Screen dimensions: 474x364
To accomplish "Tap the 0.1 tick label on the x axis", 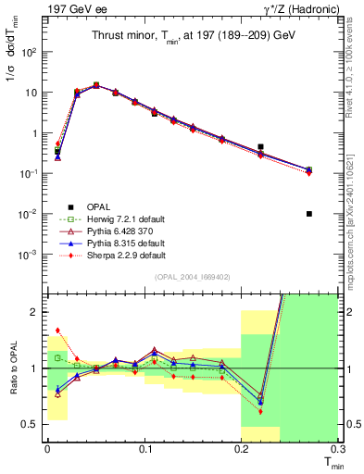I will pos(144,448).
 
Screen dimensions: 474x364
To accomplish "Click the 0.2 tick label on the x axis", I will pos(242,448).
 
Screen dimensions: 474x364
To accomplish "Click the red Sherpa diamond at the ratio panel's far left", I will pos(57,330).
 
